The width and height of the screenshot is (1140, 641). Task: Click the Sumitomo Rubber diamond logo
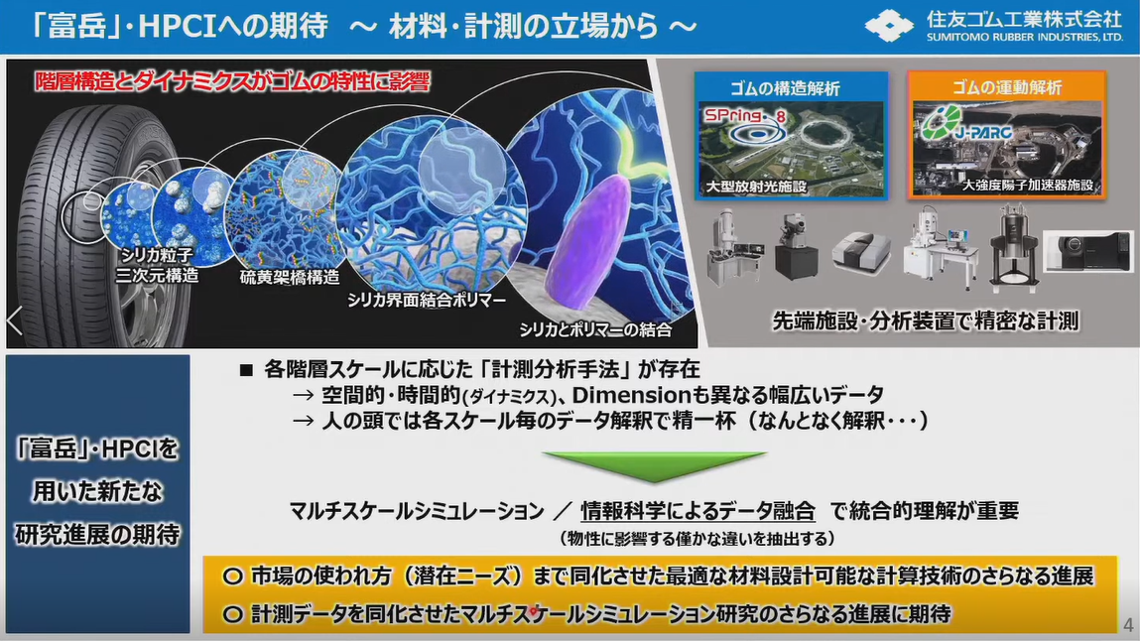888,25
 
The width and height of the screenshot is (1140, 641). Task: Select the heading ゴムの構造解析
785,88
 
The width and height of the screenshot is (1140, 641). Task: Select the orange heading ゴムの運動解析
1007,87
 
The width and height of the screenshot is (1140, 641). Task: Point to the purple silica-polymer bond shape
588,239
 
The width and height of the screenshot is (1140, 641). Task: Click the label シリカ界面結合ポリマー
426,300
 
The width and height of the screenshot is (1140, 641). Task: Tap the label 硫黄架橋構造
290,277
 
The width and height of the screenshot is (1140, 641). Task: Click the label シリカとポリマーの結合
595,330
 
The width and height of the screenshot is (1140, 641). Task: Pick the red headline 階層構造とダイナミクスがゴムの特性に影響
232,80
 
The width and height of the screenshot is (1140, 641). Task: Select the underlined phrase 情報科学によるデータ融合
697,511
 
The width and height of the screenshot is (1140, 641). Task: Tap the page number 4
1128,625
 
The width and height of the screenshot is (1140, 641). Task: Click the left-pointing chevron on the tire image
15,320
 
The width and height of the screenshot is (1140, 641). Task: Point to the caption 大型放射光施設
756,187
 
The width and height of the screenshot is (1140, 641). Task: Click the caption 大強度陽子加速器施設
1027,186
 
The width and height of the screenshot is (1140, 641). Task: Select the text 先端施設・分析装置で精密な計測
925,320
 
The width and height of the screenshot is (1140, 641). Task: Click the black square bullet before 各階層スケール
246,371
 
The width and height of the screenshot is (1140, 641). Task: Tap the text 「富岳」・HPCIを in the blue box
96,449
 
